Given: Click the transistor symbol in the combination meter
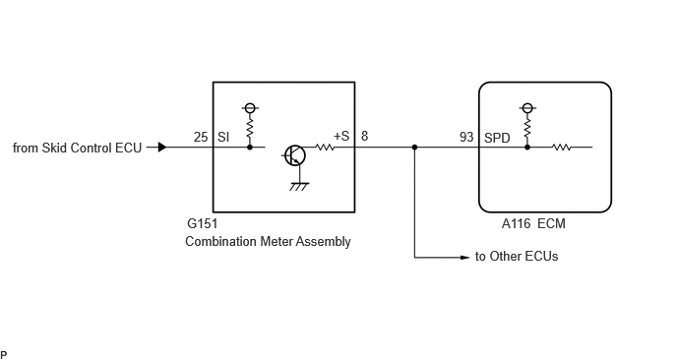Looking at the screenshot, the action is (x=295, y=155).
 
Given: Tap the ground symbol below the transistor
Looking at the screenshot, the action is (x=299, y=187).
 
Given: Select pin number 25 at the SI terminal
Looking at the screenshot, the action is (x=201, y=137).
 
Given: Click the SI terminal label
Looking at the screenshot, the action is (x=223, y=137).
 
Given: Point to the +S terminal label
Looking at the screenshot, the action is (x=341, y=136).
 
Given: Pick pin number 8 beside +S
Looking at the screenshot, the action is (x=364, y=136).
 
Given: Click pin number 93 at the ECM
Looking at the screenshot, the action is (x=466, y=137).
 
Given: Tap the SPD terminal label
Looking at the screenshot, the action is (x=497, y=138).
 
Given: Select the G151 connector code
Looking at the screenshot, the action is (x=202, y=223).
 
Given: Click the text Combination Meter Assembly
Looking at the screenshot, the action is (x=268, y=241).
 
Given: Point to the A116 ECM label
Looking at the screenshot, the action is (x=533, y=223).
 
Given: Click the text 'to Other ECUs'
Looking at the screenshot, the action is (x=517, y=257).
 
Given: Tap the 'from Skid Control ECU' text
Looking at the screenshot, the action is (x=78, y=148).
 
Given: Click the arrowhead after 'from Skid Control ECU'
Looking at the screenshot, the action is (x=162, y=148).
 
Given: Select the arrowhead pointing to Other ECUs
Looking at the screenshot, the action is (x=465, y=258).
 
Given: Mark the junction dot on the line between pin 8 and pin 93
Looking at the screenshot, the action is (x=414, y=148).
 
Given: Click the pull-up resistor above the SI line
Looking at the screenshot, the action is (x=250, y=127).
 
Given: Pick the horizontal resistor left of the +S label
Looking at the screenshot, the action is (x=325, y=148).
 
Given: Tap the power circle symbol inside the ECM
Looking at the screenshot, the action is (x=527, y=108).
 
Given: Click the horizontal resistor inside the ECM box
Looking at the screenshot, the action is (x=561, y=148).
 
